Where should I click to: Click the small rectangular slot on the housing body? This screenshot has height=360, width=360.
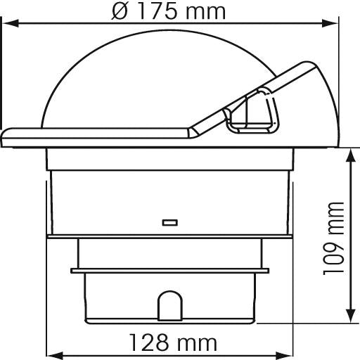point(169,223)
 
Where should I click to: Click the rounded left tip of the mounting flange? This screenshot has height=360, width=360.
point(6,136)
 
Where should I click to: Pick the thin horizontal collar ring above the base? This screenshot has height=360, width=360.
point(169,269)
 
